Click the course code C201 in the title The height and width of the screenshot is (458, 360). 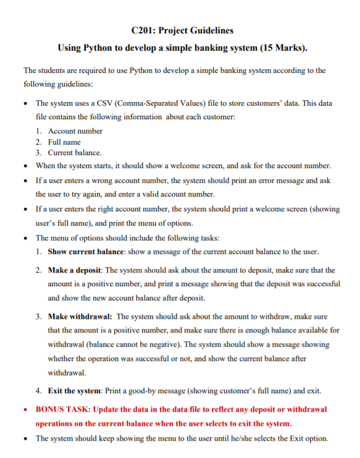pyautogui.click(x=144, y=30)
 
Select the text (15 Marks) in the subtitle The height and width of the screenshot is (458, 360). pyautogui.click(x=283, y=48)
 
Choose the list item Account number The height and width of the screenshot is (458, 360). pyautogui.click(x=75, y=131)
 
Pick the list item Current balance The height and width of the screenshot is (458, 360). pyautogui.click(x=75, y=153)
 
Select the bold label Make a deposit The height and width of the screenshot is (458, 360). pyautogui.click(x=77, y=270)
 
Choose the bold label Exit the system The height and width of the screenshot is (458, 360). pyautogui.click(x=75, y=391)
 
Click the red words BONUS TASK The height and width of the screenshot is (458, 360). pyautogui.click(x=64, y=409)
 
